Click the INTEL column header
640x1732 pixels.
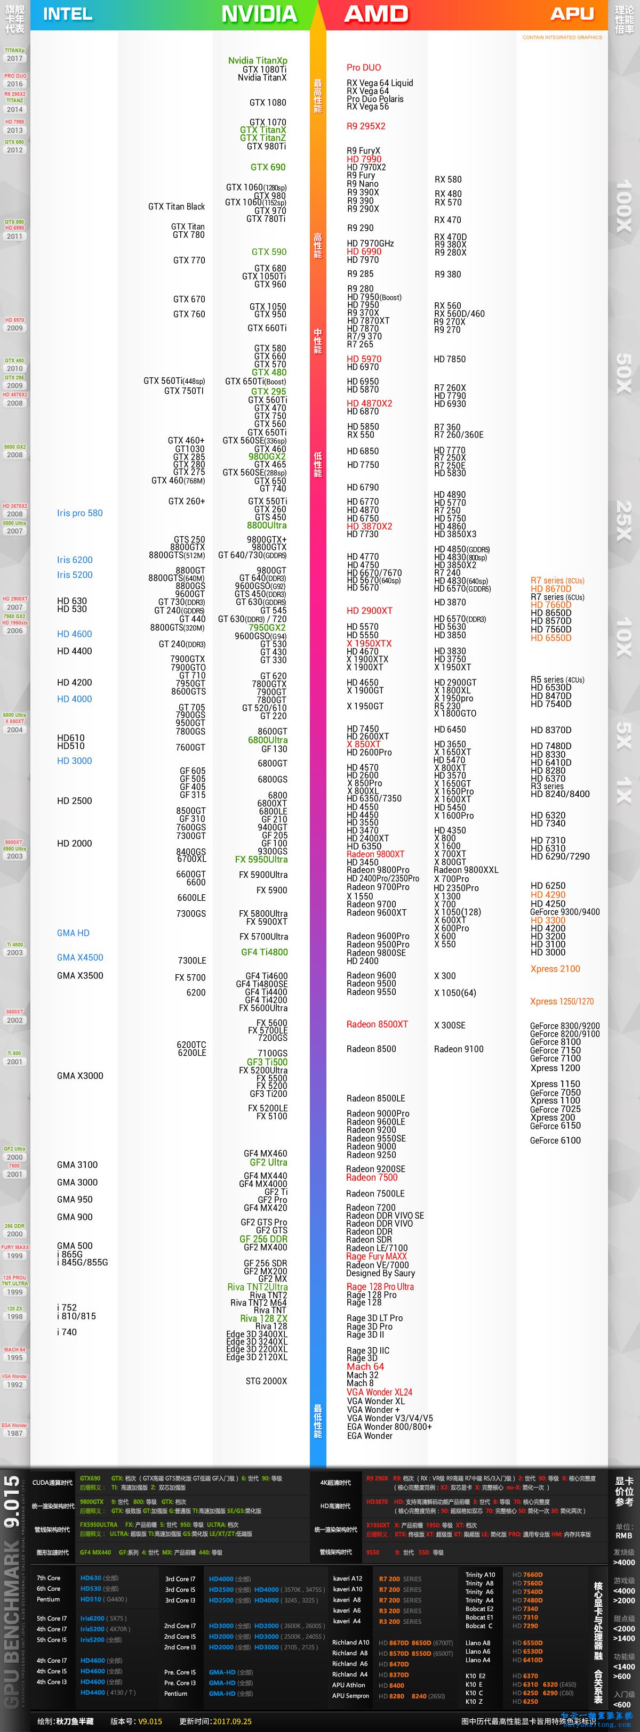point(67,14)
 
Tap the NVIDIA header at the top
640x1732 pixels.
point(259,14)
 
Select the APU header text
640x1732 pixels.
point(572,14)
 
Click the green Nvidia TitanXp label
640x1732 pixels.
point(258,61)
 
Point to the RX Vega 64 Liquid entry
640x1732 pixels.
point(380,83)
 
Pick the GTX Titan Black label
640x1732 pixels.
point(177,206)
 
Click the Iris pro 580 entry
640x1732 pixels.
point(79,513)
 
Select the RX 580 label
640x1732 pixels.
point(447,180)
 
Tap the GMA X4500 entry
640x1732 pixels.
point(80,958)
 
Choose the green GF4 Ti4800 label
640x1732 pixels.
point(265,952)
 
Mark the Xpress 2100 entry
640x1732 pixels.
point(555,969)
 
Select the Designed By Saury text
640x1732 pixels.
point(380,1273)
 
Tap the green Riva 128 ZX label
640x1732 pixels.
point(264,1318)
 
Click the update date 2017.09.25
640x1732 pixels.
point(232,1721)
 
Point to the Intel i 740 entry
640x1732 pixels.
point(67,1332)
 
